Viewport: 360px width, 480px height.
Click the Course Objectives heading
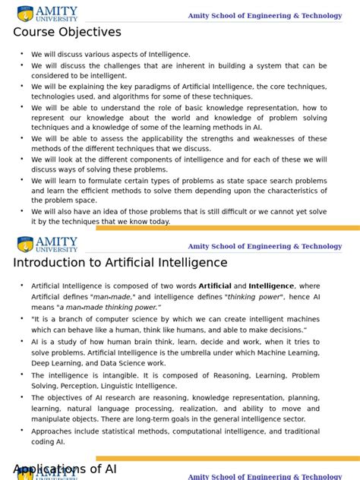tap(67, 32)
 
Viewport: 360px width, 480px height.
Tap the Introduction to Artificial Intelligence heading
tap(120, 263)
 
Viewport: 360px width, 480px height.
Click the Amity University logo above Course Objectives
tap(47, 13)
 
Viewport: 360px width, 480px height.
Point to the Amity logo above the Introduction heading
tap(47, 244)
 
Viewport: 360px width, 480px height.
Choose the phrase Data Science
tap(124, 364)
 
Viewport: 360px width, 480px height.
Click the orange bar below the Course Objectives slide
tap(228, 228)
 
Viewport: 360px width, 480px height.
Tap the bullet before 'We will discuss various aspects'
tap(22, 54)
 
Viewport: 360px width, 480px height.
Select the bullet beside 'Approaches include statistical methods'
tap(22, 430)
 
